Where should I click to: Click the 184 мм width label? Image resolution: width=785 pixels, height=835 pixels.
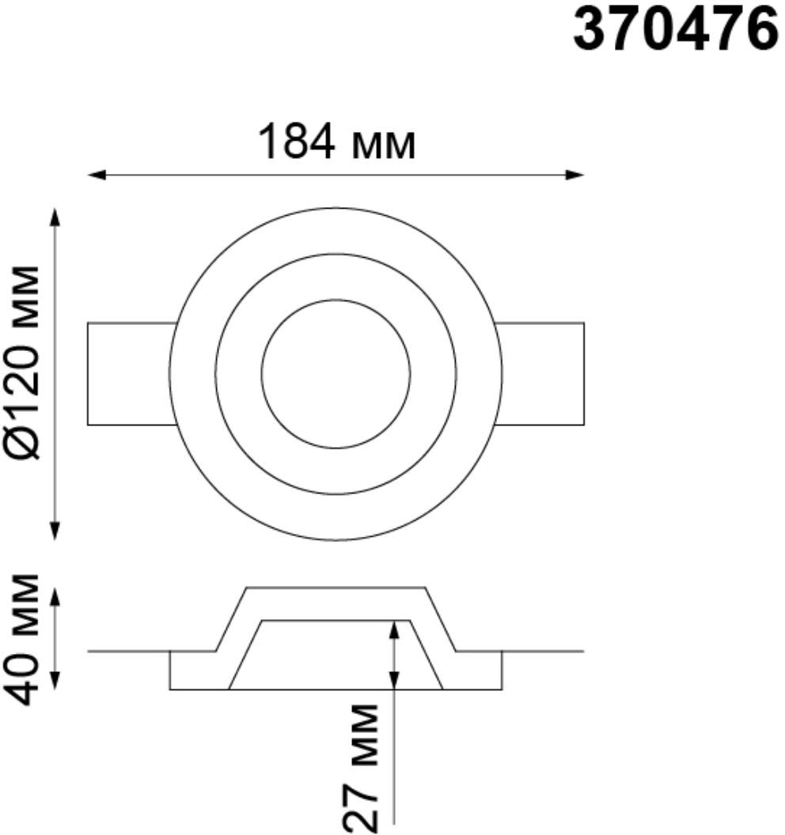pos(336,142)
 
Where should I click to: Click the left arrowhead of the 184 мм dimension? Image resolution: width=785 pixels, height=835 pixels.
pos(96,175)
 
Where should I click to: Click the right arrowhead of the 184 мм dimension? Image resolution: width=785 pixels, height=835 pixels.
pos(575,175)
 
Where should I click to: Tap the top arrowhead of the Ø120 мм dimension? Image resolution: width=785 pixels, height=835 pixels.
pos(55,217)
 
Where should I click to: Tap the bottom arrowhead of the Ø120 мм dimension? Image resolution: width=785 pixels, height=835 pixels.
pos(55,531)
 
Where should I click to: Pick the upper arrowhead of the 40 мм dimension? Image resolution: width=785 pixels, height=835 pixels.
pos(55,597)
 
